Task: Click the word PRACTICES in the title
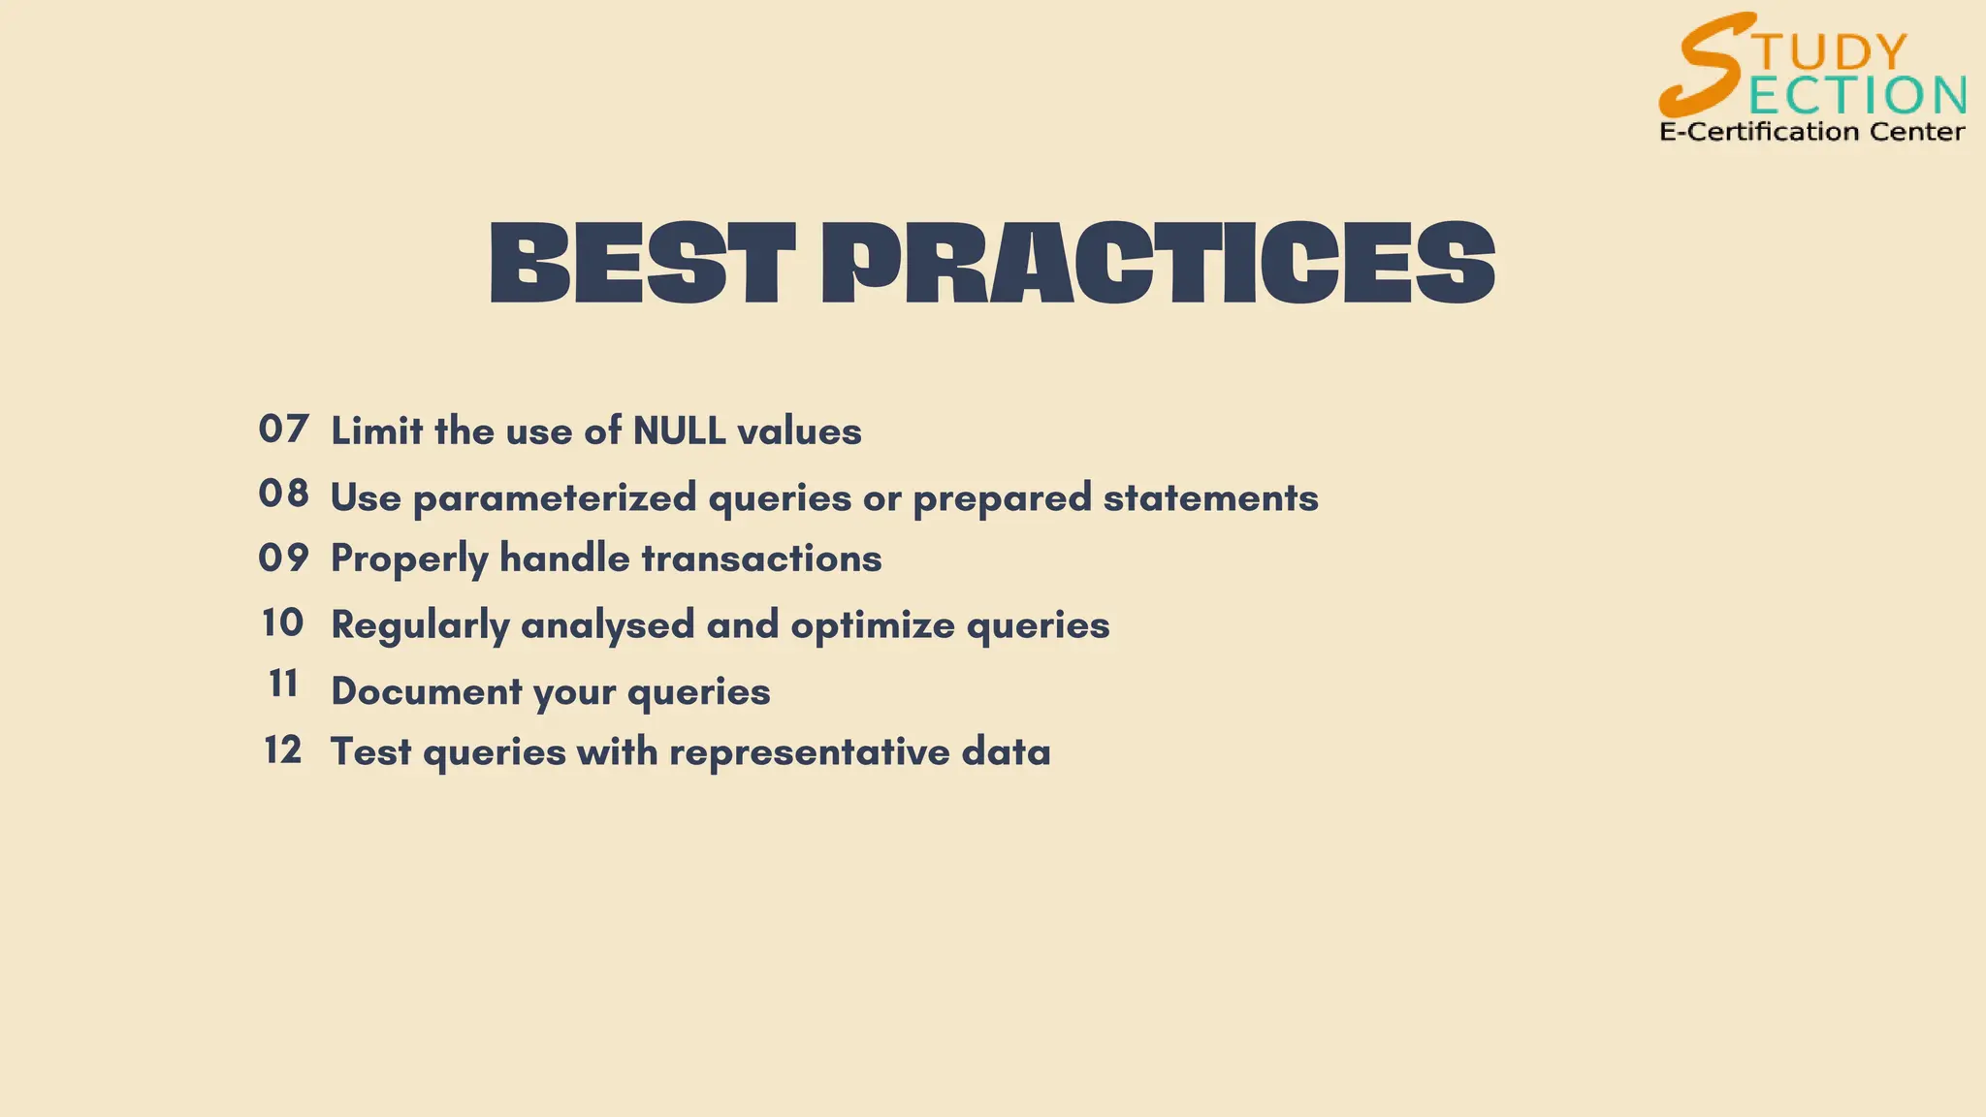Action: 1158,264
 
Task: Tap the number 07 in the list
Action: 283,430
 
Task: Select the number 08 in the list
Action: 283,495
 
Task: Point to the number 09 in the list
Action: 283,558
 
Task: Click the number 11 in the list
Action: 283,685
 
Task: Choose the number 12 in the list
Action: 283,750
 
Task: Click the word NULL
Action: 679,431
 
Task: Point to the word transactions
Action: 761,559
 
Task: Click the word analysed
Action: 608,625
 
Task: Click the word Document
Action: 427,692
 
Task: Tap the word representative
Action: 810,752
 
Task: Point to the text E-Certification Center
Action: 1811,132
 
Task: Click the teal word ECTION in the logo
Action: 1857,95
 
